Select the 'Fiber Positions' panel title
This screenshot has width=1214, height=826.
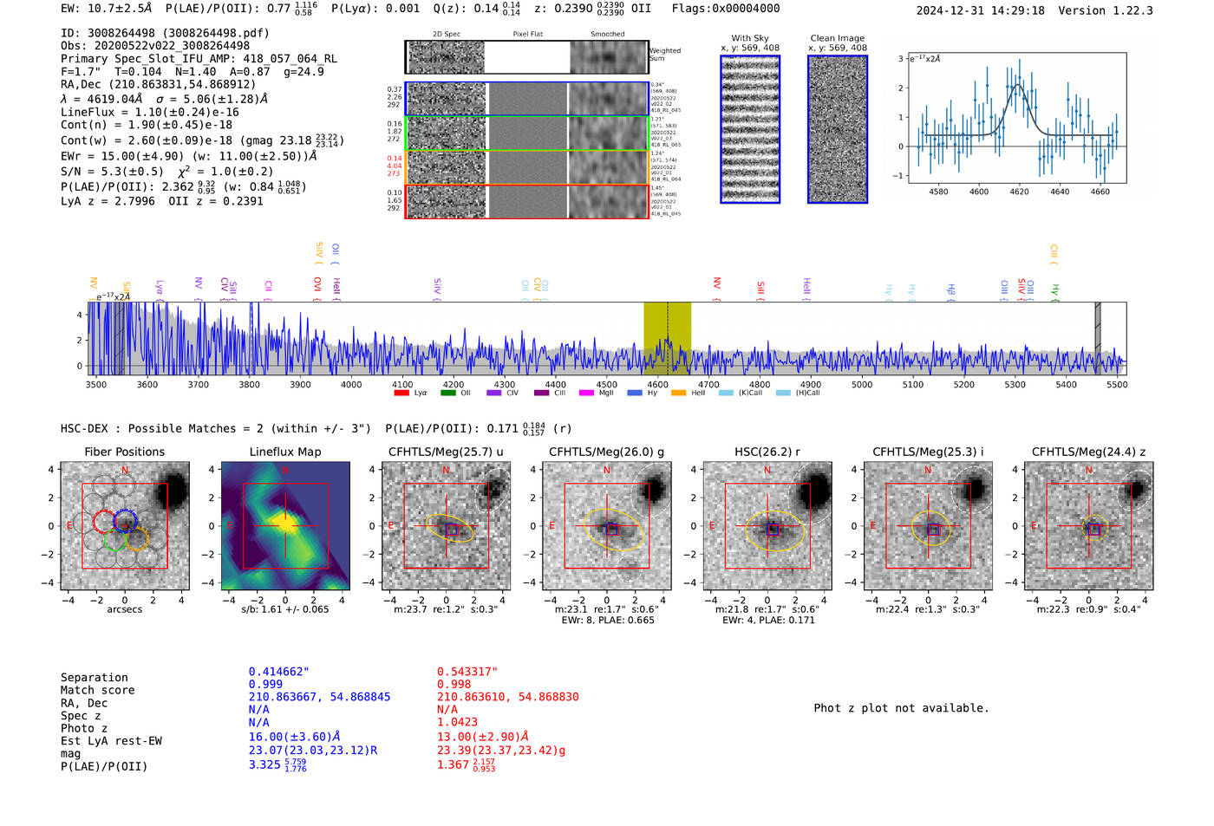click(124, 452)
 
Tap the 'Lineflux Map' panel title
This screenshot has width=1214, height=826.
click(284, 452)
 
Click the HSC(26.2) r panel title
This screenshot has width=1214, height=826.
click(767, 452)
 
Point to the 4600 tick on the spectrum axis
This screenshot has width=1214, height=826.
click(657, 385)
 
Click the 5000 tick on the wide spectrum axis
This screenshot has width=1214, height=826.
click(861, 385)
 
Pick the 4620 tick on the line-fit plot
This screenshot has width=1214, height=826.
click(1019, 192)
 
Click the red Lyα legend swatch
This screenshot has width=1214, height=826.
click(401, 393)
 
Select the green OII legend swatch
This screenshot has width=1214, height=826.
click(447, 393)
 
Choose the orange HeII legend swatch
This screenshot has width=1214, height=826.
click(678, 393)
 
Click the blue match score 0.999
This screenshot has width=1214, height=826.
click(265, 684)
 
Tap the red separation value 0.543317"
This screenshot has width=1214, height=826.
click(467, 672)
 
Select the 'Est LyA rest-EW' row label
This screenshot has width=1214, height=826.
click(111, 741)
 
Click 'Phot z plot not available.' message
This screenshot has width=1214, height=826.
click(901, 708)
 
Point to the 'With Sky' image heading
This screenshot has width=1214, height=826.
click(749, 38)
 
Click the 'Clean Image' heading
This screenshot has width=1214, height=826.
click(837, 38)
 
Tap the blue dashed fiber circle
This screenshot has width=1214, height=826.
click(125, 521)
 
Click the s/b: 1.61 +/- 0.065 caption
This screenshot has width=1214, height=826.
click(284, 609)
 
